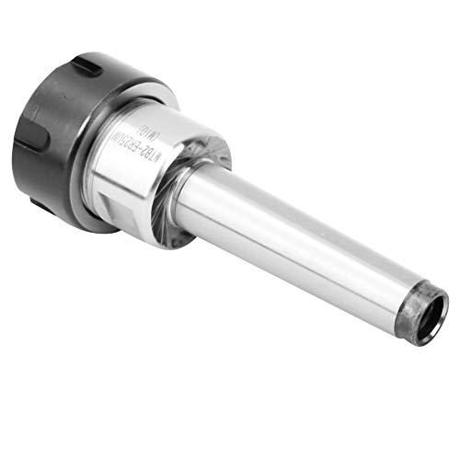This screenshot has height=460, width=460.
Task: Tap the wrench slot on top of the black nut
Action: (x=87, y=67)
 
